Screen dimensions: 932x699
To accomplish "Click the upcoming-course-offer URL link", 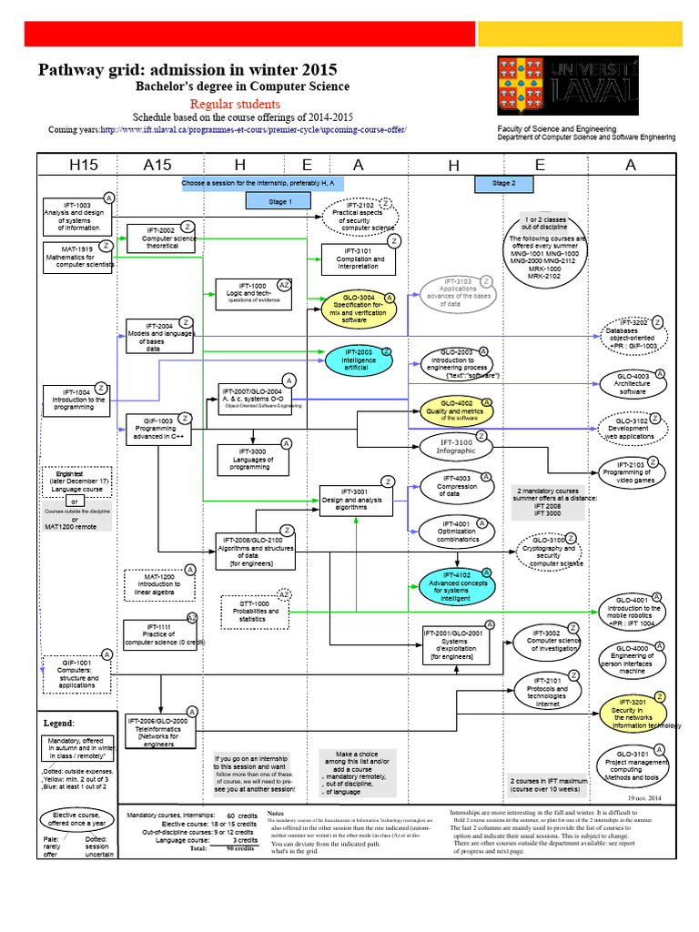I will [x=253, y=130].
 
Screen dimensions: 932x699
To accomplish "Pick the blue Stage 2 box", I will [x=501, y=184].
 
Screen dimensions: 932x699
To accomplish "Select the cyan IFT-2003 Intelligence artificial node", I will [x=359, y=358].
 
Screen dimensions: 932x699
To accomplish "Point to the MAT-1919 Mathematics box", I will [x=77, y=258].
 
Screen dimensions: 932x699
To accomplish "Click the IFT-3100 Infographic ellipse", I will [x=455, y=446].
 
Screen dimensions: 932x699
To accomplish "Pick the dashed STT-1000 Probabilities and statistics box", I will [x=257, y=610].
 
